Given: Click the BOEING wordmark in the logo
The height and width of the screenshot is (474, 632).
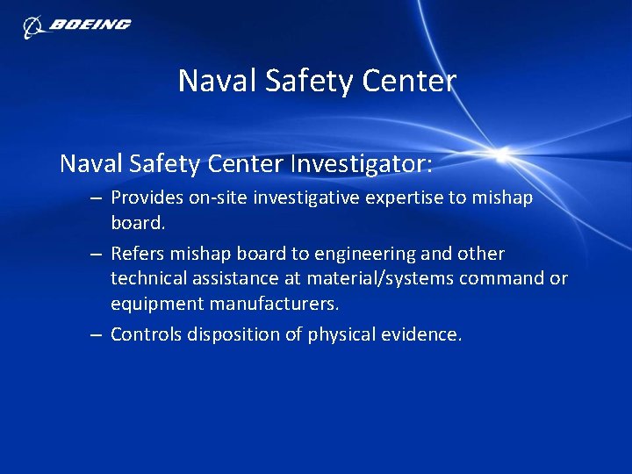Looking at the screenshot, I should click(90, 25).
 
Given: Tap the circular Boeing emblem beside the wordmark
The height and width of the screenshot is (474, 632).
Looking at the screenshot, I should click(33, 26).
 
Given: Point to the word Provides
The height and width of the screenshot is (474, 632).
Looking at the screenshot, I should click(146, 198).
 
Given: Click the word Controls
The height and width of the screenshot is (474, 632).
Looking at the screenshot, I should click(146, 334).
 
